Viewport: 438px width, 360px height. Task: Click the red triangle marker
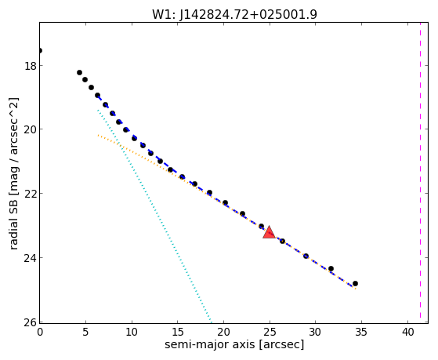click(270, 233)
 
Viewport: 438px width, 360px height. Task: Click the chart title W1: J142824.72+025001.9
click(234, 15)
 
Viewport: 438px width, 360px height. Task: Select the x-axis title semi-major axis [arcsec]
click(234, 344)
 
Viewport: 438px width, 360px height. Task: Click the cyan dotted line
click(154, 216)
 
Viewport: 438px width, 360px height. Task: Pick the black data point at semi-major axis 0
click(40, 51)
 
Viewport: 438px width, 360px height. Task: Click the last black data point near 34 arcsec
click(355, 284)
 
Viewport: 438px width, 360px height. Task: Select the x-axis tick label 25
click(270, 332)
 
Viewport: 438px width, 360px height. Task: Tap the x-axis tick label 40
click(407, 332)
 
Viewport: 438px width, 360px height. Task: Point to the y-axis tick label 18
click(30, 65)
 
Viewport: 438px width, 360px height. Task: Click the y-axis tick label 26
click(30, 322)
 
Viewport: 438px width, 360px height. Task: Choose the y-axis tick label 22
click(30, 193)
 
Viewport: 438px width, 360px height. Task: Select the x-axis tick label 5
click(85, 332)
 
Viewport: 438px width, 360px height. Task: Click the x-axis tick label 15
click(178, 332)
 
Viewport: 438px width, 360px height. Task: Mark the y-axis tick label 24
click(30, 257)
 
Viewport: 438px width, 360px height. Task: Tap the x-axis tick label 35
click(361, 332)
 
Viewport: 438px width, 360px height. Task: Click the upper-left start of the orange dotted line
click(98, 136)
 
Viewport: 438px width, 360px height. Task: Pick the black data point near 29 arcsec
click(306, 256)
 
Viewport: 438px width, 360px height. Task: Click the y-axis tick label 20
click(30, 129)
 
